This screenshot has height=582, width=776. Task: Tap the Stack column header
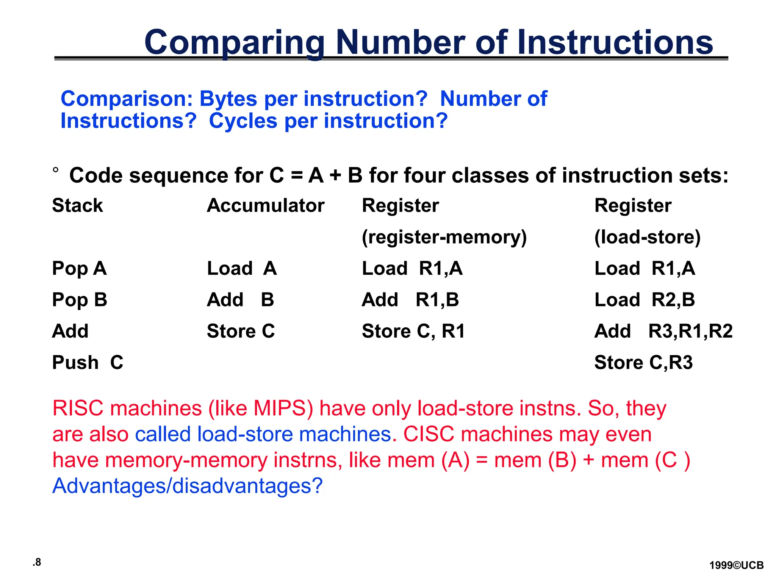[x=77, y=206]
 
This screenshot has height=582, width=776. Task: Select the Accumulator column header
[x=265, y=206]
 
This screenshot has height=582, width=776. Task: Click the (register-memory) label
[x=444, y=237]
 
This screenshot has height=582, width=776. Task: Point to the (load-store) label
[x=647, y=237]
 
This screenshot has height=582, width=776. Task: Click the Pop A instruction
[x=79, y=269]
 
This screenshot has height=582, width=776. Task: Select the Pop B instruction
[x=80, y=300]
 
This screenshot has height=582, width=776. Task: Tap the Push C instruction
[x=88, y=363]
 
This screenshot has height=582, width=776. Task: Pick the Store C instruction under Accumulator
[x=241, y=331]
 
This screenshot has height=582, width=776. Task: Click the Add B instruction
[x=240, y=300]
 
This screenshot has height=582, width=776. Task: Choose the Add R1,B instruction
[x=410, y=300]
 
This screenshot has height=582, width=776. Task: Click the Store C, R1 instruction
[x=413, y=331]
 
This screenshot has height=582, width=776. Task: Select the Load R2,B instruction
[x=645, y=300]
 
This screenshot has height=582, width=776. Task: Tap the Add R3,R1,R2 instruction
[x=663, y=331]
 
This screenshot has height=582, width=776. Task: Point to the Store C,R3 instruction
[x=643, y=363]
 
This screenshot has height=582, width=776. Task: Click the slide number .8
[x=37, y=562]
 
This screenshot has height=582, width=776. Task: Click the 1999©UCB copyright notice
[x=736, y=566]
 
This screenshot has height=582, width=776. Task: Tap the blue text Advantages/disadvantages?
[x=188, y=486]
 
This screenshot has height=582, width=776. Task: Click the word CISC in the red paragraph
[x=428, y=434]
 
